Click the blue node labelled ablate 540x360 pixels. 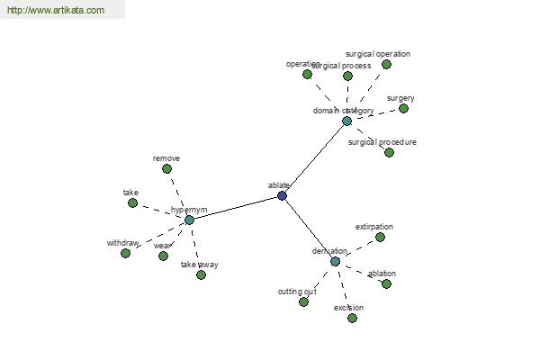[x=282, y=195]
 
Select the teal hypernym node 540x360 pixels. [x=189, y=220]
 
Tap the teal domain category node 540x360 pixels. [x=346, y=121]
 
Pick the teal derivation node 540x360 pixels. [x=335, y=261]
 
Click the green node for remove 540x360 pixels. [x=165, y=168]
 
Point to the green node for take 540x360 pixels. [x=132, y=202]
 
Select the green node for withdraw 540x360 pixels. [x=125, y=253]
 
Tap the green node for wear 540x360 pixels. [x=163, y=256]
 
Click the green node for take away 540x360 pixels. [x=201, y=274]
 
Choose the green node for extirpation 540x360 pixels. [x=380, y=237]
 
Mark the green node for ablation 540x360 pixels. [x=386, y=283]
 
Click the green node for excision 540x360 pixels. [x=352, y=318]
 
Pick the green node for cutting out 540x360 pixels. [x=303, y=301]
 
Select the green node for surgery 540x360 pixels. [x=403, y=108]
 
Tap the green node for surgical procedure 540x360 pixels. [x=389, y=152]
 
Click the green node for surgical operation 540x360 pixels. [x=386, y=64]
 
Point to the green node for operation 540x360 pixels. [x=307, y=74]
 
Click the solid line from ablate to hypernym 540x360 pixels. [x=236, y=208]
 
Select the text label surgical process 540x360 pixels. [x=342, y=66]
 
